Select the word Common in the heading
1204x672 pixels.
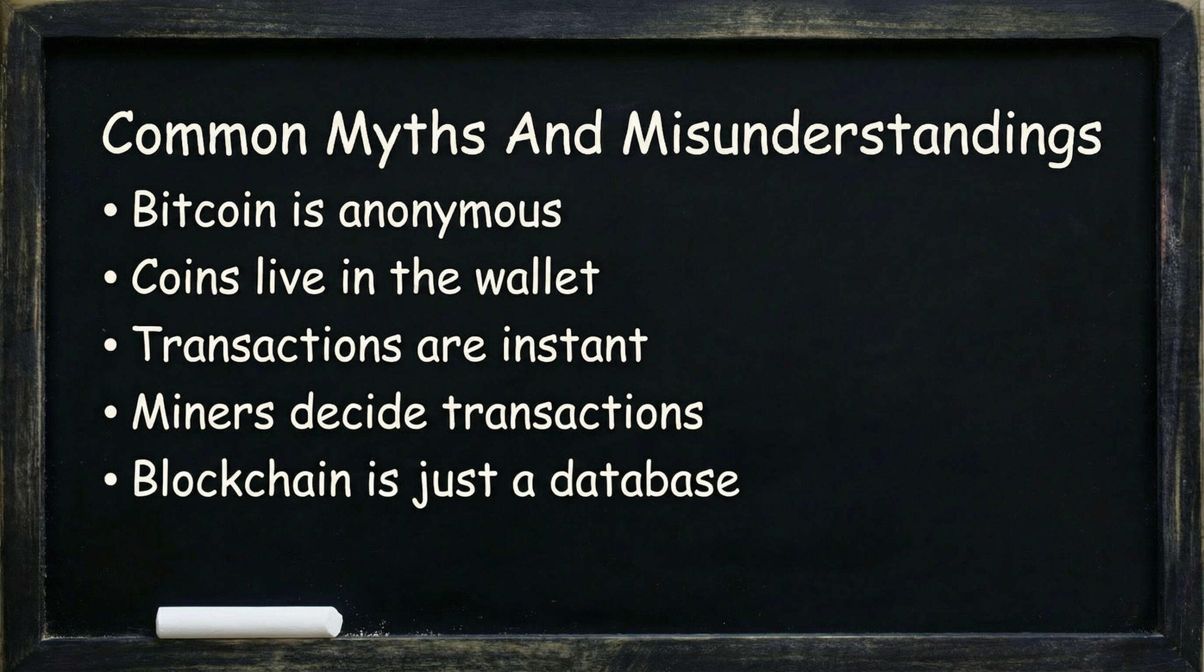point(204,134)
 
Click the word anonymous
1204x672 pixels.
point(450,212)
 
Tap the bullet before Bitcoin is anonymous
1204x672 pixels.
point(110,211)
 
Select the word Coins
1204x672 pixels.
point(185,277)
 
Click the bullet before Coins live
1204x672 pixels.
point(110,278)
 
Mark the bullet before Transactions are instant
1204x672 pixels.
point(110,346)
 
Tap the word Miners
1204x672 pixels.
point(203,412)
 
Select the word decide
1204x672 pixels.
point(358,412)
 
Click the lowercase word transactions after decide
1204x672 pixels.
point(572,412)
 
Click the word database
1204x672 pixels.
point(644,480)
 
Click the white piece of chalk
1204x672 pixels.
point(249,622)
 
